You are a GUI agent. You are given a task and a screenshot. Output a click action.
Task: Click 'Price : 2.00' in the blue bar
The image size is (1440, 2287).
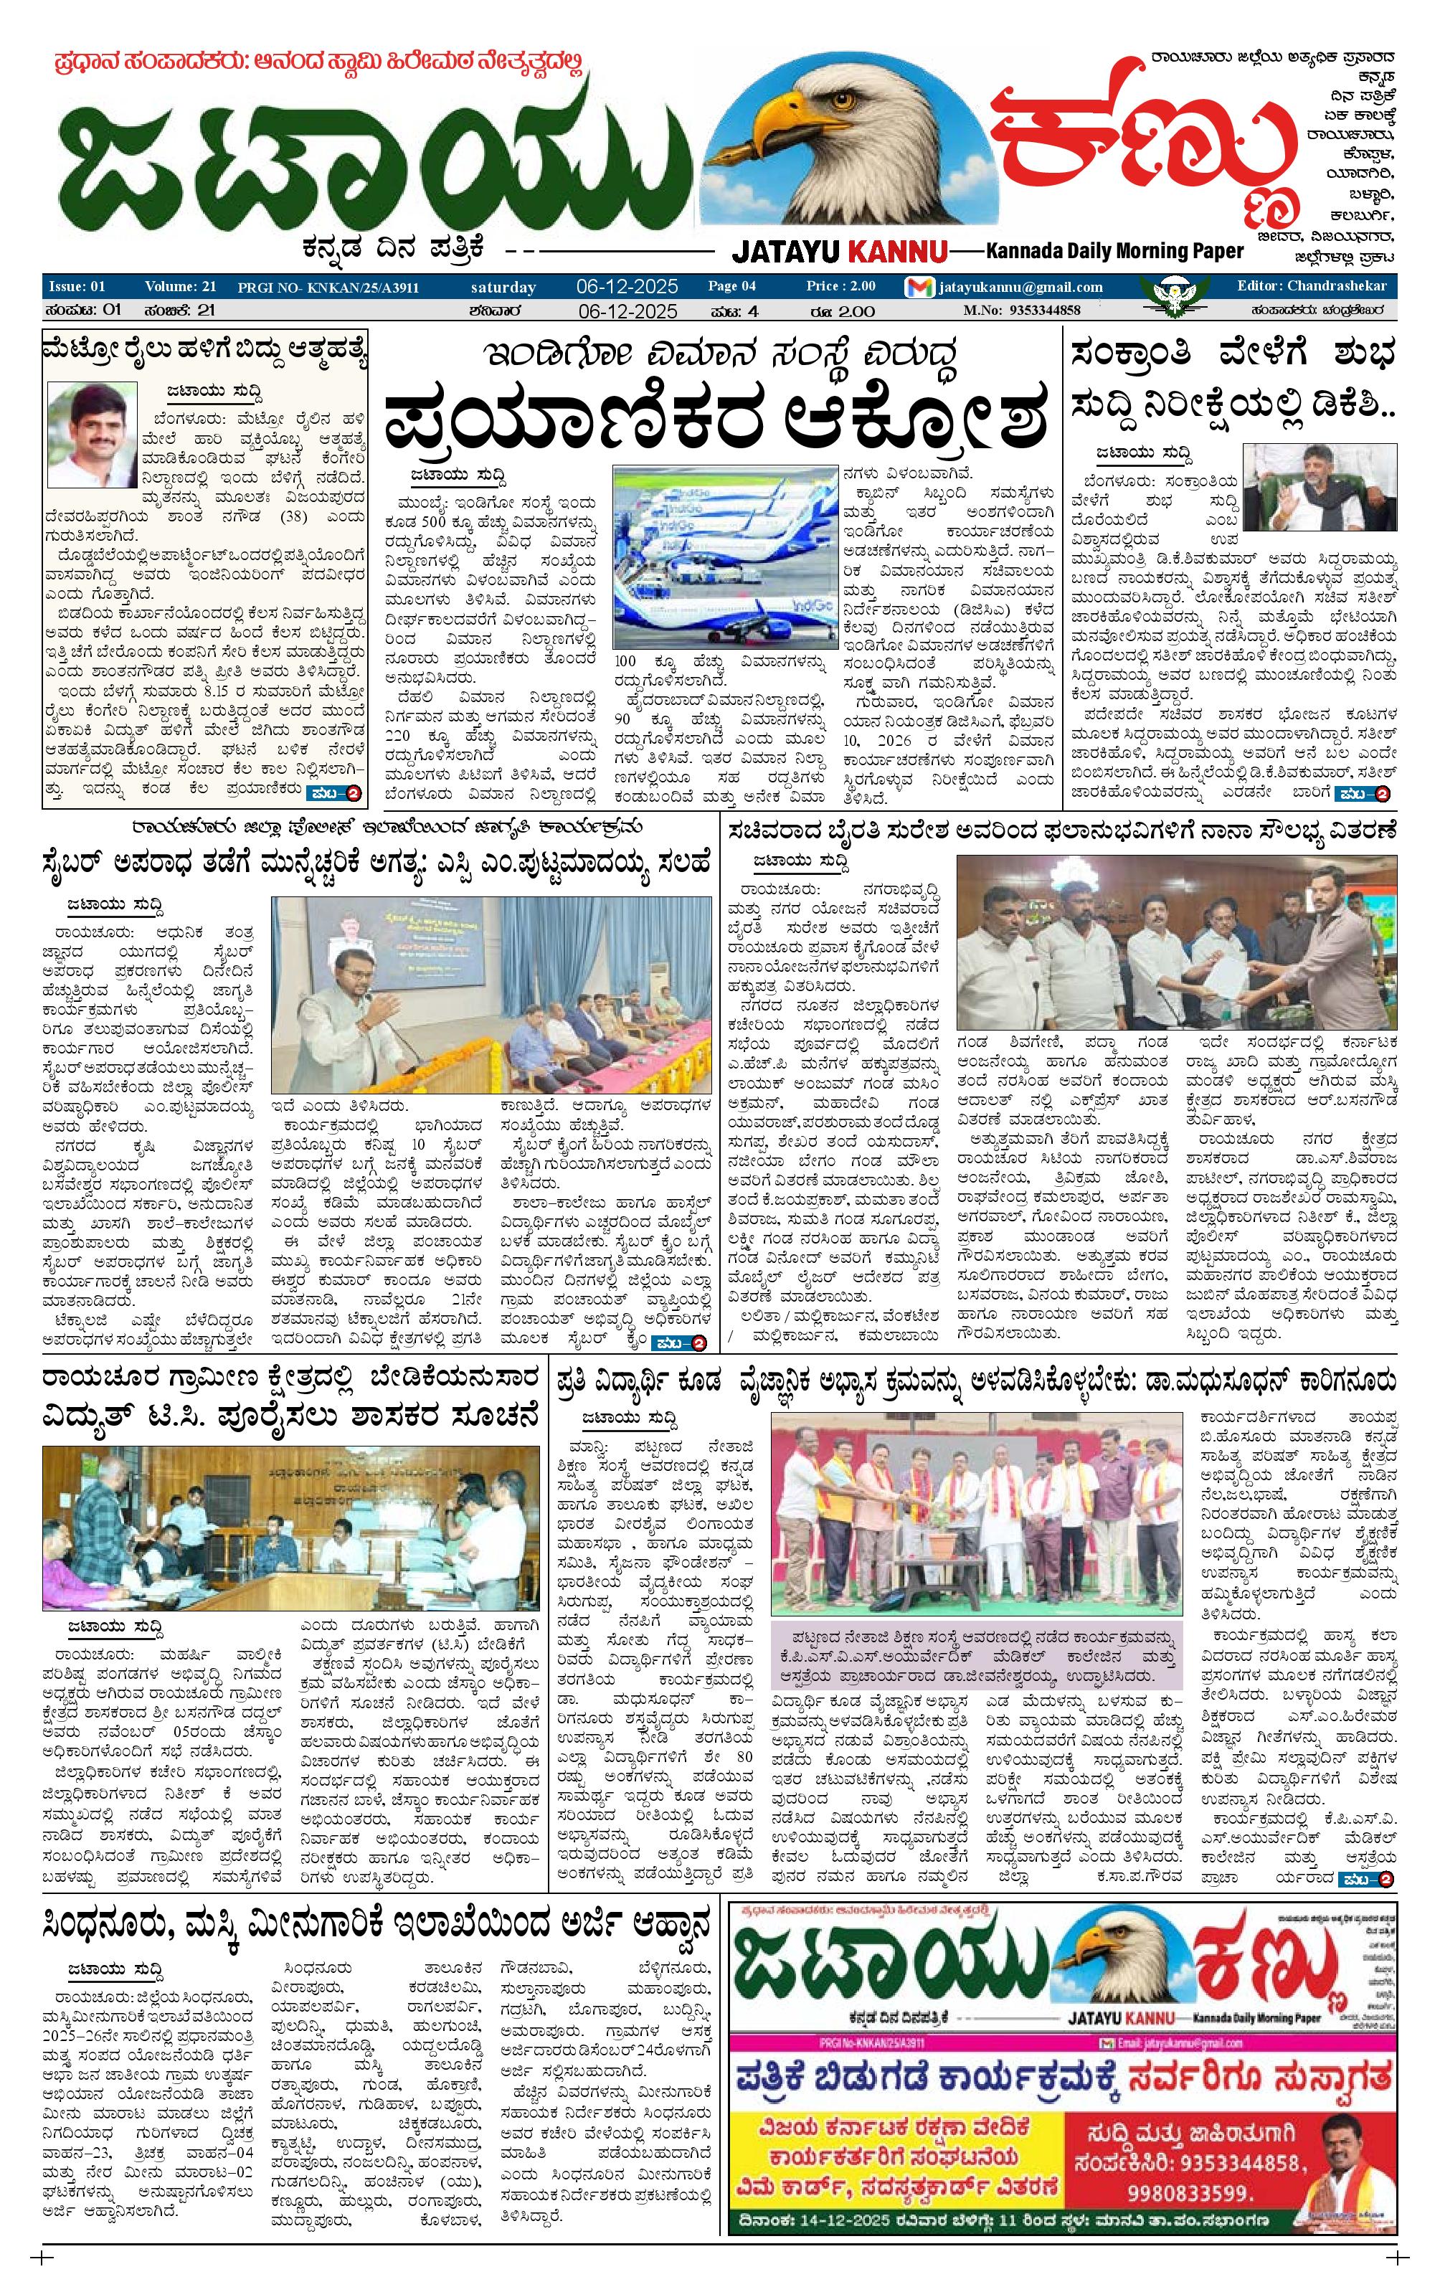[840, 286]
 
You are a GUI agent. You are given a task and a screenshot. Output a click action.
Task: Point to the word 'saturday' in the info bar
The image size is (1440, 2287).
[503, 287]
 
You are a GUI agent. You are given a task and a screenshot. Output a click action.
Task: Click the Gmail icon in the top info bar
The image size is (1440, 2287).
[919, 287]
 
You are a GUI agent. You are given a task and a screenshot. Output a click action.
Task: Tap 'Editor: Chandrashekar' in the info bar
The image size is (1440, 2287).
[1311, 286]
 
